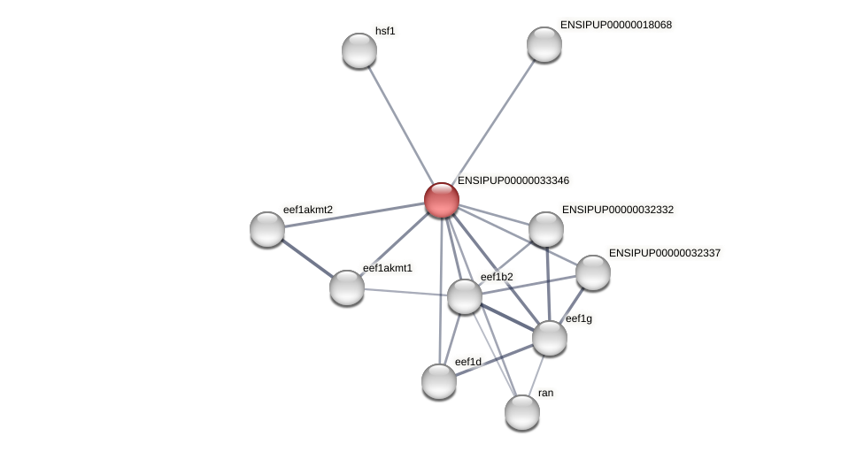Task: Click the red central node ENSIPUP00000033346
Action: coord(441,200)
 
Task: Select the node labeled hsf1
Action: coord(359,50)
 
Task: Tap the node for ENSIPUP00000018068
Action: coord(544,44)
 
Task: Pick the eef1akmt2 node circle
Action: coord(267,229)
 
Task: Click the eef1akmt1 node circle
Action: coord(347,287)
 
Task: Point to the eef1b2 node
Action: coord(465,296)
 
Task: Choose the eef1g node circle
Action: coord(550,338)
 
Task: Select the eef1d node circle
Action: coord(439,381)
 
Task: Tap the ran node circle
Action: coord(522,412)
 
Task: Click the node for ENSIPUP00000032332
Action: coord(546,229)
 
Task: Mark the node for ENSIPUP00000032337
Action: coord(593,272)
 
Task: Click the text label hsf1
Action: coord(385,31)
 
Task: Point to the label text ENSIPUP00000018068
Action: coord(615,25)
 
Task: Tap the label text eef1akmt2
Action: coord(308,210)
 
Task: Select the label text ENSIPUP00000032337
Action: coord(665,253)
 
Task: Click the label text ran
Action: coord(545,393)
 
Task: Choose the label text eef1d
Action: coord(467,362)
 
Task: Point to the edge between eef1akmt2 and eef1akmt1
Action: coord(307,258)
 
